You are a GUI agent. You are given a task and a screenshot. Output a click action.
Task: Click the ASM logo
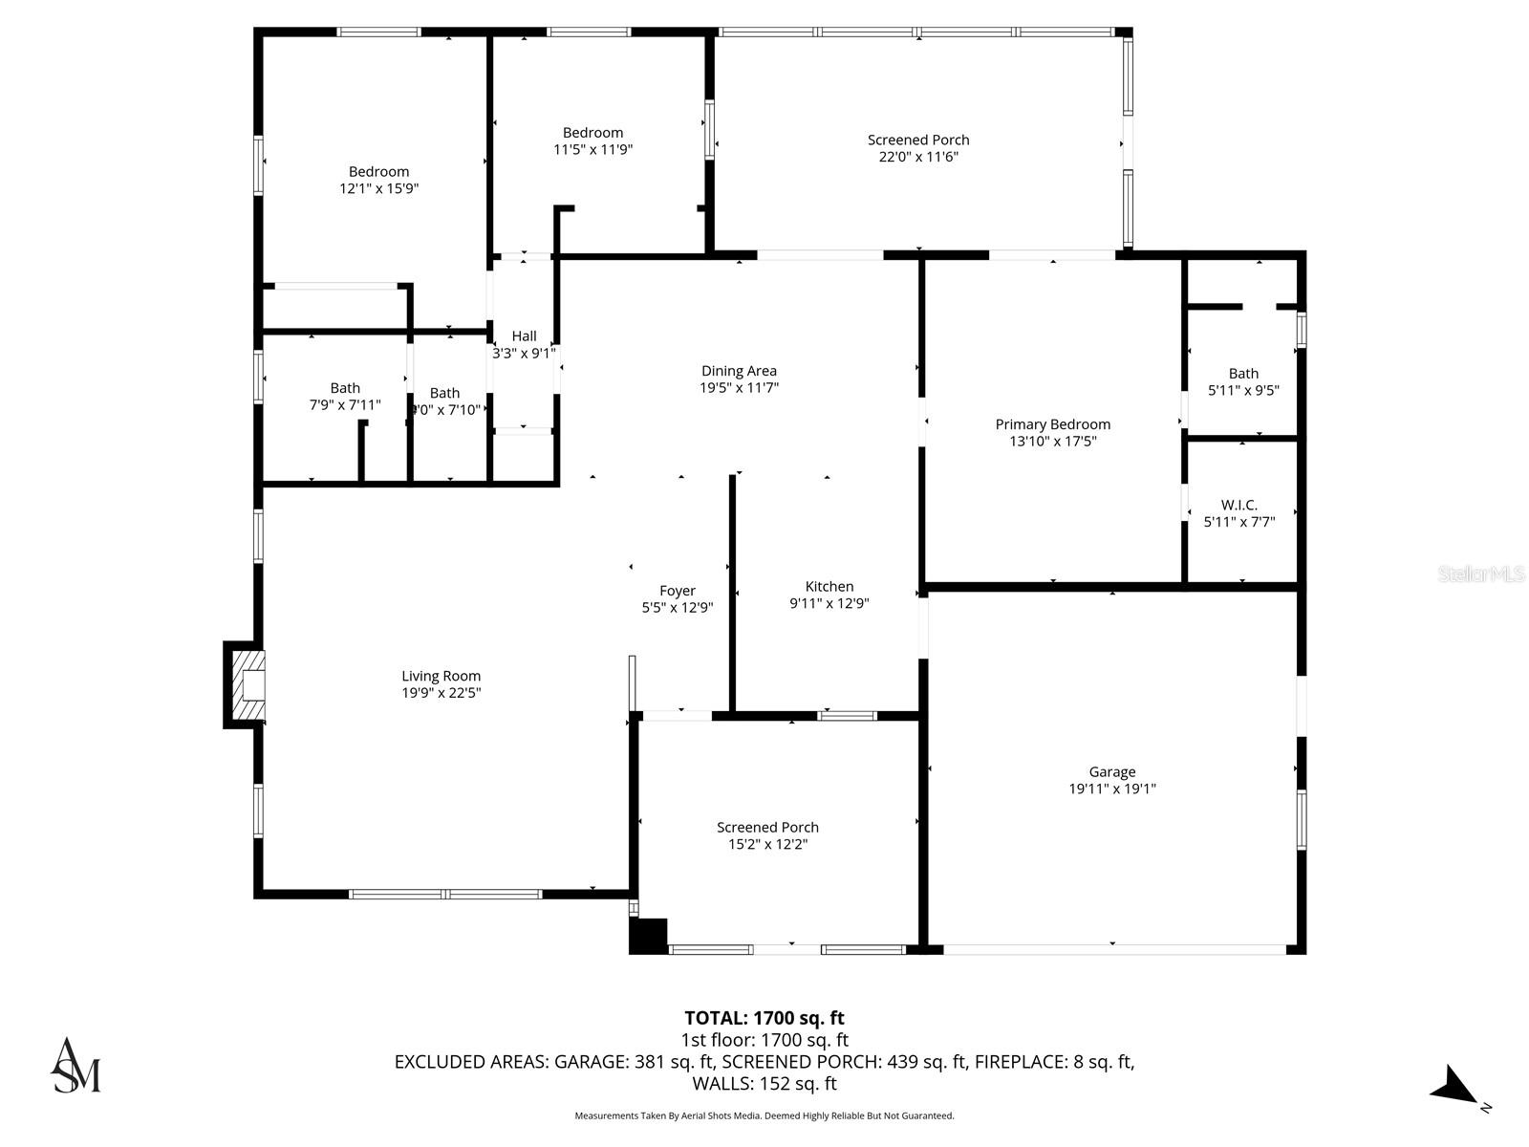click(x=75, y=1065)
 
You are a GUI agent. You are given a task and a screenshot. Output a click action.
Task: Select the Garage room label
click(x=1112, y=771)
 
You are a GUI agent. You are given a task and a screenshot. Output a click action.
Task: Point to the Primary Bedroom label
click(x=1053, y=424)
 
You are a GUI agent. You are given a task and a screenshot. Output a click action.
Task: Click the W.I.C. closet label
click(x=1239, y=505)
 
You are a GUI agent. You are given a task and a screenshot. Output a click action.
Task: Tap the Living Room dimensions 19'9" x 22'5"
click(x=441, y=693)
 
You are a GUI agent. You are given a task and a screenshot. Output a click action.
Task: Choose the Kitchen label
click(x=829, y=586)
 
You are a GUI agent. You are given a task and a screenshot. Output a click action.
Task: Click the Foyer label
click(x=678, y=591)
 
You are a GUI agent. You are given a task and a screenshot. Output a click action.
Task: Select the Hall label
click(x=524, y=335)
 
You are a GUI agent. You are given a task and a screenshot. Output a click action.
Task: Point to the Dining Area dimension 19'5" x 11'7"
click(x=739, y=388)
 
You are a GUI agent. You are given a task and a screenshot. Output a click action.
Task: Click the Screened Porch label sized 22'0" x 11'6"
click(x=918, y=140)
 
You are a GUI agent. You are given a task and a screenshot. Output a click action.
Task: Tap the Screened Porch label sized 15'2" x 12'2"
click(x=767, y=827)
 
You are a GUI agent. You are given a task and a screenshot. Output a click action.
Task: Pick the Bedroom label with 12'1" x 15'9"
click(x=378, y=172)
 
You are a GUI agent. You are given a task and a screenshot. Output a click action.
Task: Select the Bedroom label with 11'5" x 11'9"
click(x=592, y=133)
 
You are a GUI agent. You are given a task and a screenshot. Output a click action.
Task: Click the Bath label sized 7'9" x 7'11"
click(x=345, y=387)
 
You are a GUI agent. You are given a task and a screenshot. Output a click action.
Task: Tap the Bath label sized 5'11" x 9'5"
click(x=1243, y=373)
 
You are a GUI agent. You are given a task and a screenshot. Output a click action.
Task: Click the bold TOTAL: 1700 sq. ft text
click(x=764, y=1018)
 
